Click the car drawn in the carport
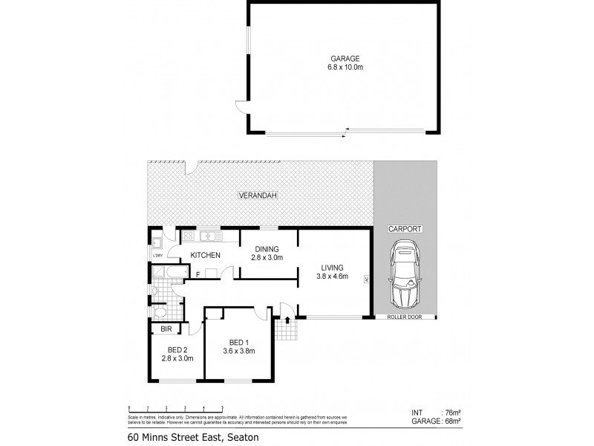click(405, 275)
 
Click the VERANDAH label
click(258, 195)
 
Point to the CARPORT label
click(405, 230)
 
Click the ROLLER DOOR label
click(405, 317)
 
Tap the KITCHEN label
click(205, 256)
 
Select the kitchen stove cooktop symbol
click(189, 236)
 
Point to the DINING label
click(268, 250)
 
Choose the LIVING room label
click(332, 268)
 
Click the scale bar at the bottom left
click(177, 407)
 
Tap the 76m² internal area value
click(450, 413)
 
